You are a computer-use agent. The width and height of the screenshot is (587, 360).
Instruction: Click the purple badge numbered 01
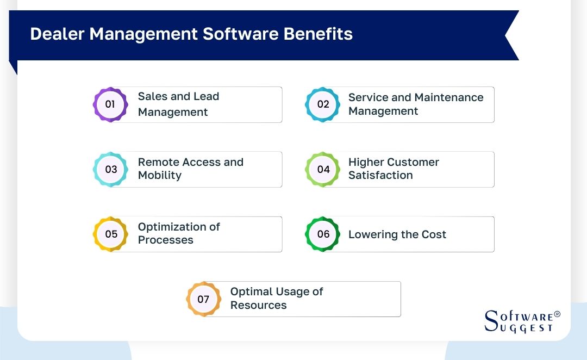[x=110, y=104]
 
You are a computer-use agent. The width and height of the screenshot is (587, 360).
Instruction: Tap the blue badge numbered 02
[x=323, y=104]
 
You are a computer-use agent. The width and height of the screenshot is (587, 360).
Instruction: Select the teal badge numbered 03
[x=110, y=169]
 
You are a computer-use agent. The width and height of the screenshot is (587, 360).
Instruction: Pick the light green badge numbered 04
[x=323, y=169]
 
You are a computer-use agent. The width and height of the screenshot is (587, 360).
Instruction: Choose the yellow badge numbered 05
[x=110, y=234]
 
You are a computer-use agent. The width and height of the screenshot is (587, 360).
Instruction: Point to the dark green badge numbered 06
[x=323, y=234]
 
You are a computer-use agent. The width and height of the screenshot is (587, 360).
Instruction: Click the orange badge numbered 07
[x=203, y=299]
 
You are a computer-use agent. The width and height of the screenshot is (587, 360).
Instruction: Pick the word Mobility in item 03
[x=160, y=176]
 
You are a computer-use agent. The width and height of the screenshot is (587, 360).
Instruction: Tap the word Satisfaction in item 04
[x=380, y=176]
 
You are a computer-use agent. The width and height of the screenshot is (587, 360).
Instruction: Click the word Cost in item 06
[x=433, y=234]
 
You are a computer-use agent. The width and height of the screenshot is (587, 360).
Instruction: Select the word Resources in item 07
[x=258, y=306]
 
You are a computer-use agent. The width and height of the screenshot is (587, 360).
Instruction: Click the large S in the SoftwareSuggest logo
[x=491, y=320]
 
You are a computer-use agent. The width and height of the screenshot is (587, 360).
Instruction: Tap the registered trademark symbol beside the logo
[x=557, y=315]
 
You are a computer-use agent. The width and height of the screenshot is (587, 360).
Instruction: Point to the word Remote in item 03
[x=158, y=162]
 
